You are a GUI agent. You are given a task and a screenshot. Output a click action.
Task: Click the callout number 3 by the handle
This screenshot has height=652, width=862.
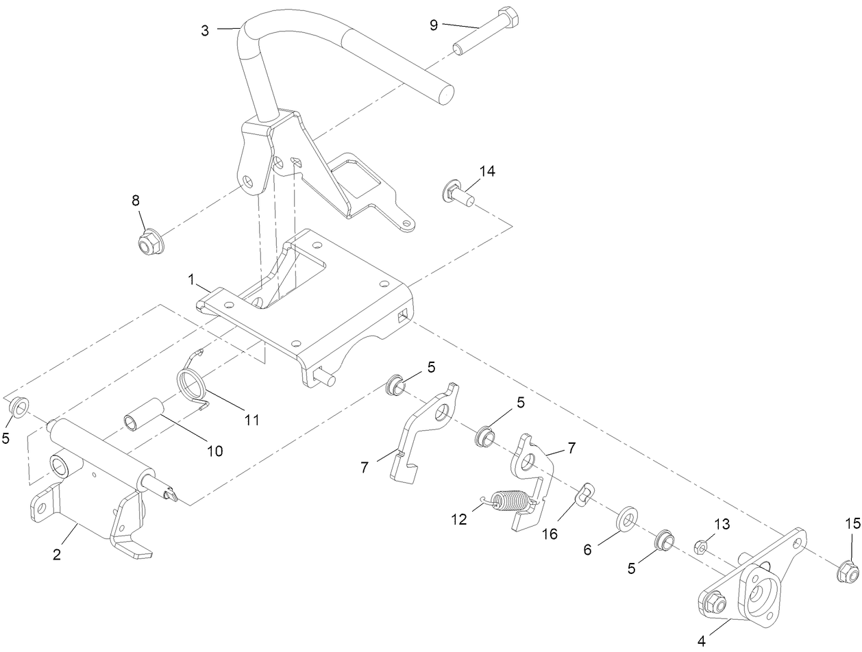(x=205, y=30)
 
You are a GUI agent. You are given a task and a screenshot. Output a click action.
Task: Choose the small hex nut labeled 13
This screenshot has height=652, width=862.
(x=701, y=547)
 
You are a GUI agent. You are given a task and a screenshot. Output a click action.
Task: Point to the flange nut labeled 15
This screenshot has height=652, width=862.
(x=848, y=570)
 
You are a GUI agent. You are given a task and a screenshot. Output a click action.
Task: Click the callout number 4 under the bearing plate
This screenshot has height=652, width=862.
(x=700, y=642)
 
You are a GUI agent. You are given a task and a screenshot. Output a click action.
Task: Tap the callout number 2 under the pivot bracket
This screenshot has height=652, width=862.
(x=57, y=554)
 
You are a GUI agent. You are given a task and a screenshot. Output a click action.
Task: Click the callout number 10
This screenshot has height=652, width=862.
(x=214, y=451)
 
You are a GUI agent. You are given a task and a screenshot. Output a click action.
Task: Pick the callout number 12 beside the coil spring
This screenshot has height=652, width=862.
(x=458, y=519)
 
